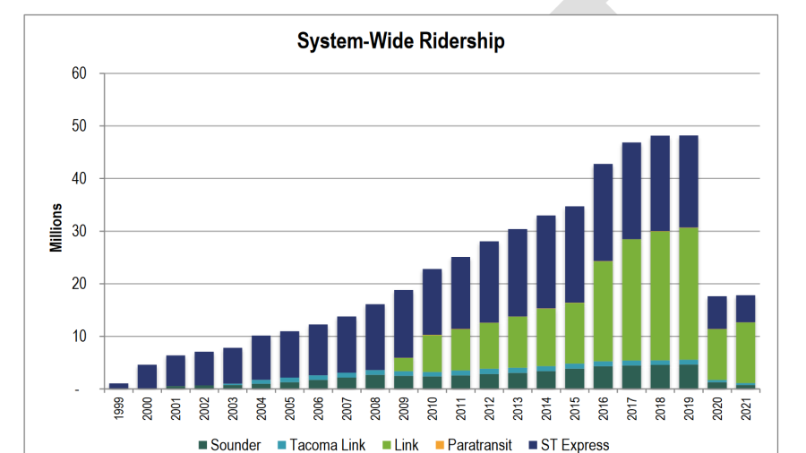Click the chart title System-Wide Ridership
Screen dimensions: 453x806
400,41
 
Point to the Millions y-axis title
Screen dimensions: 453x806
56,227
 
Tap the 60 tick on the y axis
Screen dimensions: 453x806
79,73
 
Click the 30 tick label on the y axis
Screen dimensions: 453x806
79,232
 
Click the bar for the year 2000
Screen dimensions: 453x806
148,376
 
